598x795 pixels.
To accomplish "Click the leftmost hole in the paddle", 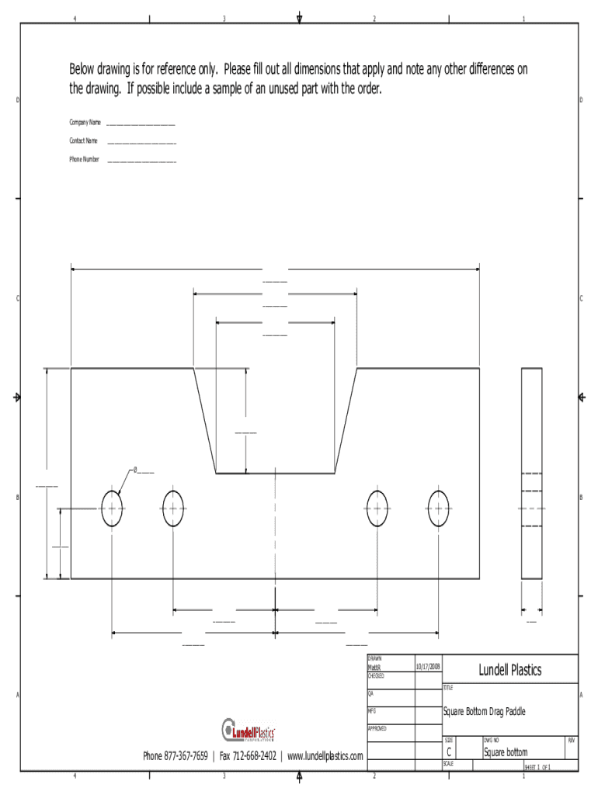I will click(x=112, y=509).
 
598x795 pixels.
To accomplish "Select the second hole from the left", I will click(x=172, y=509).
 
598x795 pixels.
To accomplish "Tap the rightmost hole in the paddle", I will click(x=439, y=509).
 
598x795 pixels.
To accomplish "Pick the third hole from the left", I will click(x=377, y=509).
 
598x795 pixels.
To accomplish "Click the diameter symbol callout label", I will click(x=143, y=470).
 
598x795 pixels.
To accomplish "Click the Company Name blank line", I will click(x=141, y=123).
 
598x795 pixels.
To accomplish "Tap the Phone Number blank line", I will click(x=141, y=161).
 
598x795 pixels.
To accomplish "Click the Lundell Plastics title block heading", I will click(x=509, y=670).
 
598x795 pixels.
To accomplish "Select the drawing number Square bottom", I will click(x=506, y=752).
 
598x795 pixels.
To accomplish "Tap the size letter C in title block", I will click(x=450, y=752).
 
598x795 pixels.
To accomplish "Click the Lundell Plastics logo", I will click(x=249, y=731).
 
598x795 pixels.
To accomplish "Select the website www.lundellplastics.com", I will click(x=325, y=756).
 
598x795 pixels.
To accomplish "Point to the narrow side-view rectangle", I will click(x=532, y=474).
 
